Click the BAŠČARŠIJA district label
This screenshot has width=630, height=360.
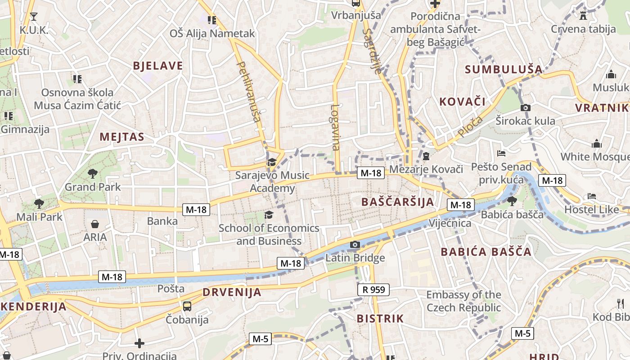pos(398,202)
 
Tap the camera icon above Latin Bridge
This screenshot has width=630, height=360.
pos(355,245)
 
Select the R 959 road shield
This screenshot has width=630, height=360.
pos(373,289)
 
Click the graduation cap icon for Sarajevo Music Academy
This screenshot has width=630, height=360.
pos(272,162)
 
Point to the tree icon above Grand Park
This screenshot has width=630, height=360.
pos(93,173)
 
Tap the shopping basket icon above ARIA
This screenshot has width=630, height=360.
pos(95,224)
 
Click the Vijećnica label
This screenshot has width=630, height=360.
pos(450,223)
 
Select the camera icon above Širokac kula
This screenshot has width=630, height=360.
pos(525,108)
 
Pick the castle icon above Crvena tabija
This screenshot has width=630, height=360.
pos(583,16)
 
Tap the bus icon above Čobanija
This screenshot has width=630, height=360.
pos(187,306)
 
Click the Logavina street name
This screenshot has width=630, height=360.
pos(335,127)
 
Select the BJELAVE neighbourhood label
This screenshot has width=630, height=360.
pos(158,66)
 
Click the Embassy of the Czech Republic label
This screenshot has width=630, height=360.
pos(463,301)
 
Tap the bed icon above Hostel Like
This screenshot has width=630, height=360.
pos(591,196)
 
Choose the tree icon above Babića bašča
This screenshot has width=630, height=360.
pos(512,201)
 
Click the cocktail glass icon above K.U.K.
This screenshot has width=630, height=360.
pos(34,17)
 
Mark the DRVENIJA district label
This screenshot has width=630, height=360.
pos(232,292)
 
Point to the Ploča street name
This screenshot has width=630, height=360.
pos(470,126)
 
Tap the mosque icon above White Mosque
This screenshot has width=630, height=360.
pos(597,144)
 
